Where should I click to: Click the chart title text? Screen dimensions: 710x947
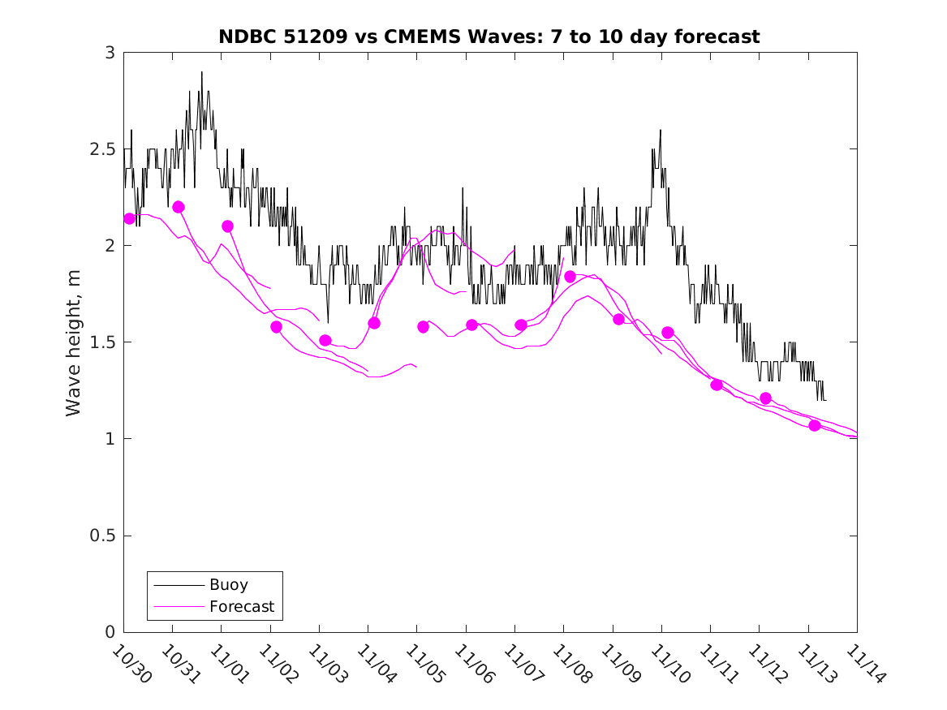pos(489,37)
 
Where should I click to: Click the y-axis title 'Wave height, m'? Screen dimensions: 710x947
pos(74,342)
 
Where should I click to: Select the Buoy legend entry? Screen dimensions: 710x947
pos(228,584)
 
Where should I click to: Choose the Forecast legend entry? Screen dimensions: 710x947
pos(241,606)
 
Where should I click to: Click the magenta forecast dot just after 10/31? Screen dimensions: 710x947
pos(179,207)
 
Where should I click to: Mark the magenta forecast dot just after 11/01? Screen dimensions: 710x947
pos(227,226)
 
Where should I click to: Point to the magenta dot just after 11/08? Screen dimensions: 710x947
pos(570,277)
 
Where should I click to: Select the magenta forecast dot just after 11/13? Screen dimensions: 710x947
pos(815,425)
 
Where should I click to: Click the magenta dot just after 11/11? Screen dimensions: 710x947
pos(717,385)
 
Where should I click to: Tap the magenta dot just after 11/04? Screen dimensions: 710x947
pos(374,323)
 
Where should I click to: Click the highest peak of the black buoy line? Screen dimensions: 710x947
pos(202,72)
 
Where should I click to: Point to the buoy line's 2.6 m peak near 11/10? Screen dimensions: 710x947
pos(661,130)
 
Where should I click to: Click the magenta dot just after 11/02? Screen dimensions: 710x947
pos(276,327)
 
